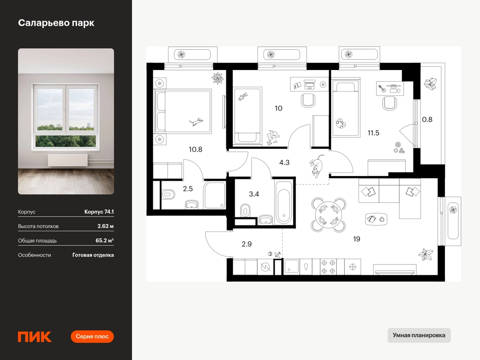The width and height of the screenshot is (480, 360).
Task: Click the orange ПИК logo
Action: (35, 337)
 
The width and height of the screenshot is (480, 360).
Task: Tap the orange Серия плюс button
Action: (92, 336)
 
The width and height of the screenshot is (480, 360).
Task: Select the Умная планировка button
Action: (419, 335)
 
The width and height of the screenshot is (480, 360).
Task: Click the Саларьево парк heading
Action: (56, 23)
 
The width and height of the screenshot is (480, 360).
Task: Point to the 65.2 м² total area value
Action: (104, 240)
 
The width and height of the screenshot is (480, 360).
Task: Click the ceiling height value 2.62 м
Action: (106, 226)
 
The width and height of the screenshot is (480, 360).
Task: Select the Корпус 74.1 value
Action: (99, 212)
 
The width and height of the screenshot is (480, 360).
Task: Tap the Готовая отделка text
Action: (93, 255)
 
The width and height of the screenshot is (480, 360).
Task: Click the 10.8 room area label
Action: (196, 150)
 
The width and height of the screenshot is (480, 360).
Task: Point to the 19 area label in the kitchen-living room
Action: (357, 239)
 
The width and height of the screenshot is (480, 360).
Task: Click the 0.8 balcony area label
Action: (427, 120)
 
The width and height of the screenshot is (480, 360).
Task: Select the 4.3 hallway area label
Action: (284, 162)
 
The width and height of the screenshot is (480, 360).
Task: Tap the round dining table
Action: (328, 215)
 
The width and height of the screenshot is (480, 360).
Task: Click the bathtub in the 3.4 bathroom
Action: (284, 203)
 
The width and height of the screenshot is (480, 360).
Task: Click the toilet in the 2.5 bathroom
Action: (168, 194)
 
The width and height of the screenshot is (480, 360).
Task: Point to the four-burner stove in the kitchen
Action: (328, 267)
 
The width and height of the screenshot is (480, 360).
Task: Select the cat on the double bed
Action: (196, 122)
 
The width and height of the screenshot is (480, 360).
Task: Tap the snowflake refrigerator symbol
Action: (353, 267)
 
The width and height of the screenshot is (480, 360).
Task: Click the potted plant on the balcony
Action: (430, 84)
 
